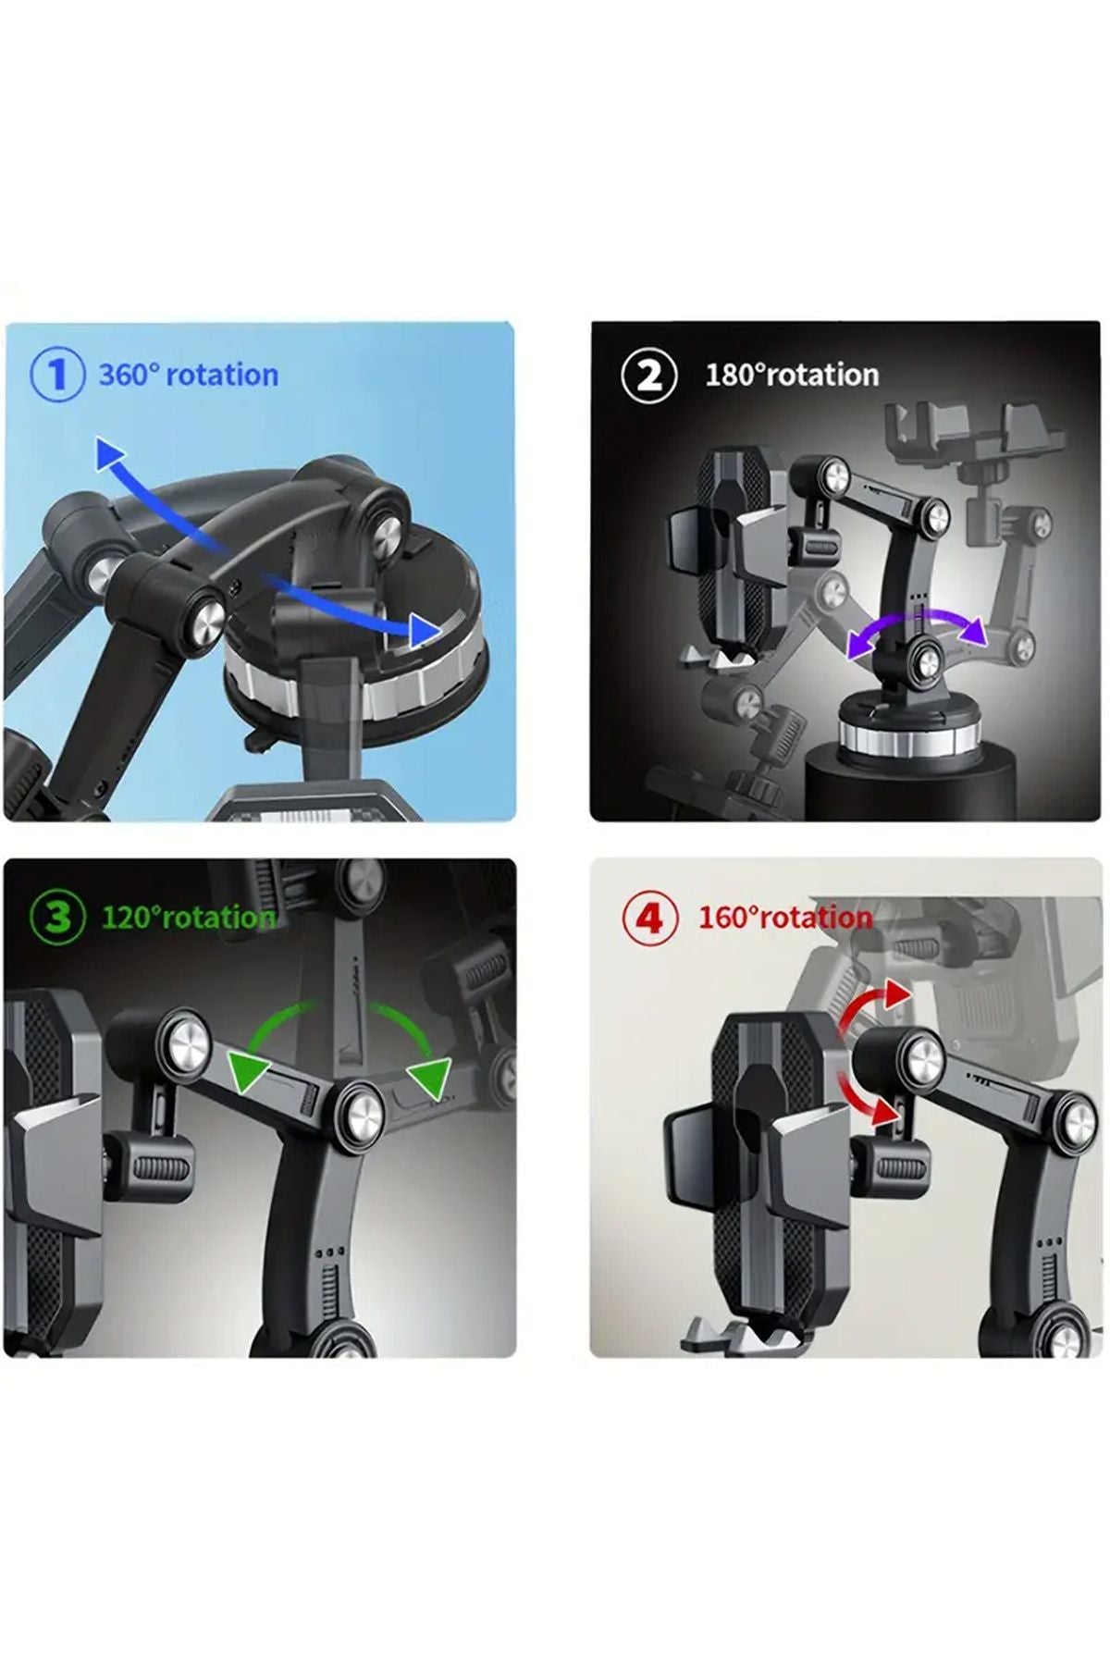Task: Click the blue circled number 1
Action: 57,376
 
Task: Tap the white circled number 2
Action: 649,376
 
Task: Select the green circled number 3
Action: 57,918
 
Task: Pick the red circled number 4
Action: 649,919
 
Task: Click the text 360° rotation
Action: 189,375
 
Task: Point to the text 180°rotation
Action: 792,375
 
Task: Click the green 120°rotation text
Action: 189,918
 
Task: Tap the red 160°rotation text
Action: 785,918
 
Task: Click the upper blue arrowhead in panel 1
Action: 110,455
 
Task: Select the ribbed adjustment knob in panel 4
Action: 889,1170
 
